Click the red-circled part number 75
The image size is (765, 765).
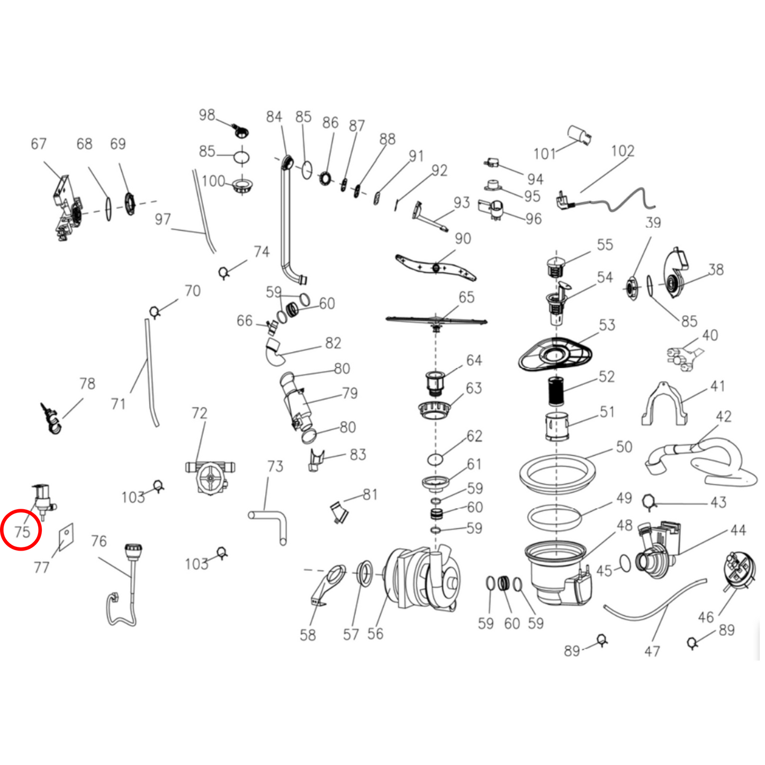pos(22,532)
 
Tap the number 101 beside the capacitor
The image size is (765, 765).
pos(544,154)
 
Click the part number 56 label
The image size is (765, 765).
pos(375,634)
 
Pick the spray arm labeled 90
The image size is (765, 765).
pos(436,268)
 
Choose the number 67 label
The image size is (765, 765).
pos(39,143)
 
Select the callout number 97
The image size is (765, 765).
pos(163,219)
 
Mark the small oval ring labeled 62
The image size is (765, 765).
pos(436,460)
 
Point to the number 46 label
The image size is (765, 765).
pos(706,617)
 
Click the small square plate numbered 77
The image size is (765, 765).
pos(66,537)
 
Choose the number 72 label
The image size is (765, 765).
pos(199,413)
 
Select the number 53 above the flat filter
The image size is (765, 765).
pos(607,325)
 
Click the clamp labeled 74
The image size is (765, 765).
pos(224,273)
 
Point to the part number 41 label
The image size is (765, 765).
pos(717,386)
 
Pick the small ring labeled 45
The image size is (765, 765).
pos(625,563)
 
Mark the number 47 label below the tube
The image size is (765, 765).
pos(652,652)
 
